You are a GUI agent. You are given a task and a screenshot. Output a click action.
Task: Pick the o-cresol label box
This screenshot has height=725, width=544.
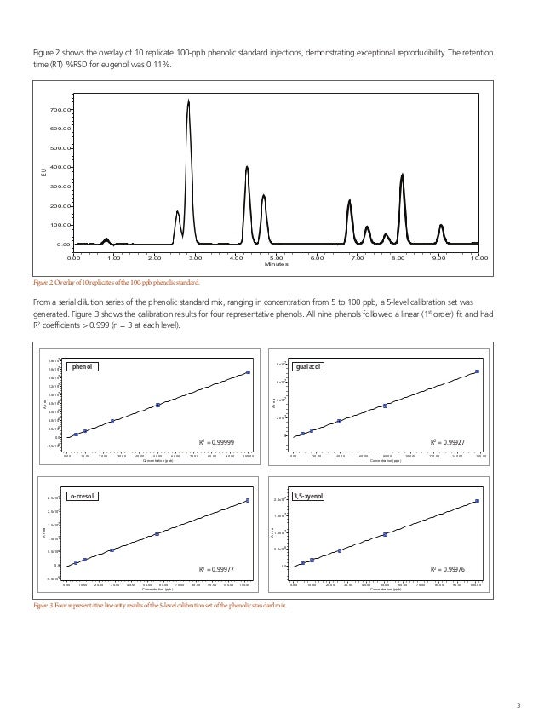click(83, 495)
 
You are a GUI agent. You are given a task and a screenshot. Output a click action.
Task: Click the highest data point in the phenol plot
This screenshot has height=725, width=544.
click(248, 372)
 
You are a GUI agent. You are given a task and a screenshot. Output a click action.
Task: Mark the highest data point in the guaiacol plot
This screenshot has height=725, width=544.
click(478, 371)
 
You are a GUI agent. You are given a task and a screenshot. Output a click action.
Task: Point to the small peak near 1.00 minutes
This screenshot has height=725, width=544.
click(106, 239)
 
